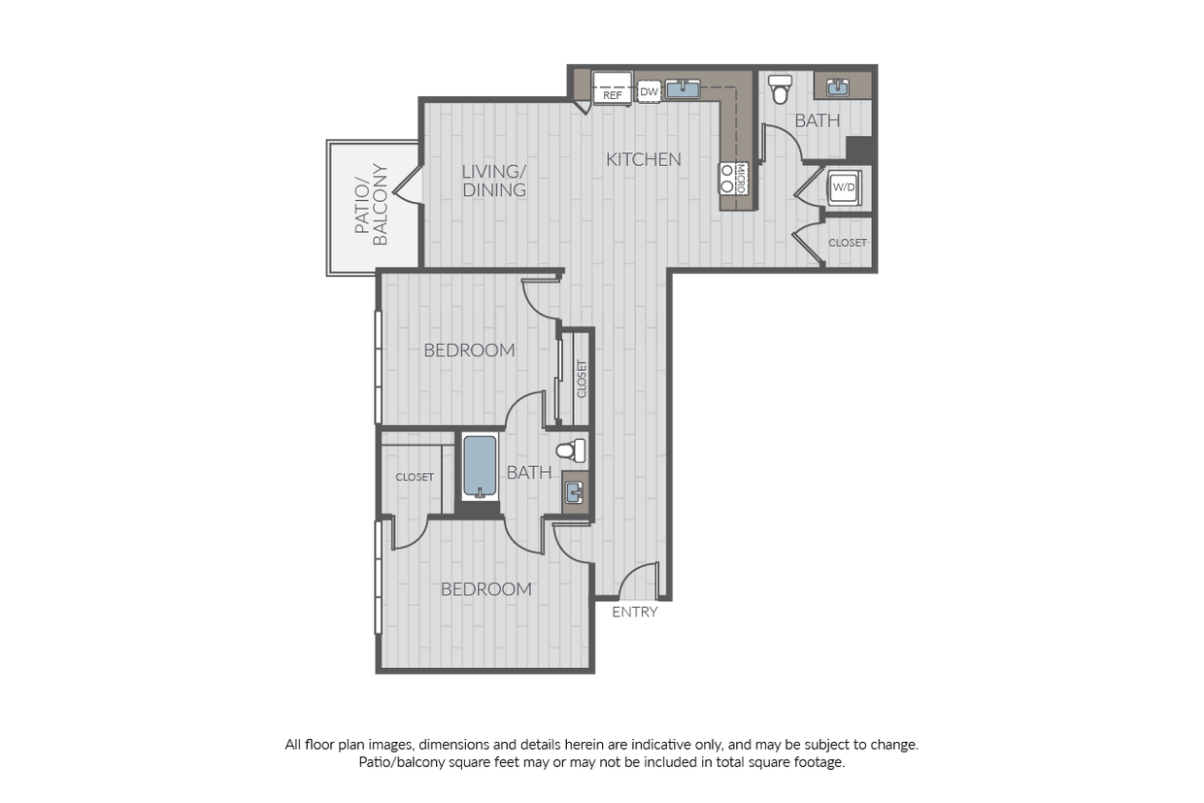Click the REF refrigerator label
(613, 96)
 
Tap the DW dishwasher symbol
(649, 91)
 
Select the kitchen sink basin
(683, 88)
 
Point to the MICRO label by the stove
(740, 179)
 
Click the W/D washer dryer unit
(844, 187)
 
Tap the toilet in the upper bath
(780, 88)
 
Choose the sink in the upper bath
(837, 87)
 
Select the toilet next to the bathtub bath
(571, 451)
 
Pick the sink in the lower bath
(575, 491)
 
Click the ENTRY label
(635, 612)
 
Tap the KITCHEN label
(644, 159)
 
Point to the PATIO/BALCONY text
(370, 204)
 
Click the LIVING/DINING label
(494, 181)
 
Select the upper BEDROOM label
(469, 351)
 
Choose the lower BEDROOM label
(486, 589)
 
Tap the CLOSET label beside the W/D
(848, 243)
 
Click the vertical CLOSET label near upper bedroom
(582, 379)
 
